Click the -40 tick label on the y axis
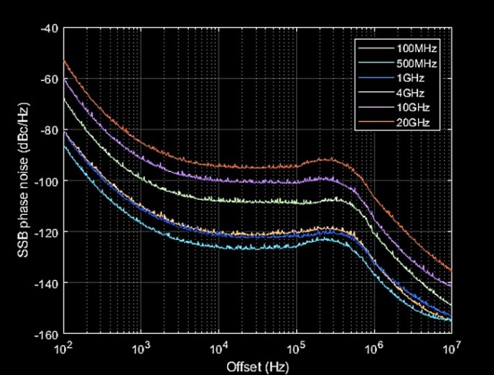(50, 29)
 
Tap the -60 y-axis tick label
(50, 79)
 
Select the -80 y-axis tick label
(50, 130)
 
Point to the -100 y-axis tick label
(48, 181)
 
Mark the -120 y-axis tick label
(48, 232)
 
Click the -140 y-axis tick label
(48, 282)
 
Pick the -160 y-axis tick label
(48, 333)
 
